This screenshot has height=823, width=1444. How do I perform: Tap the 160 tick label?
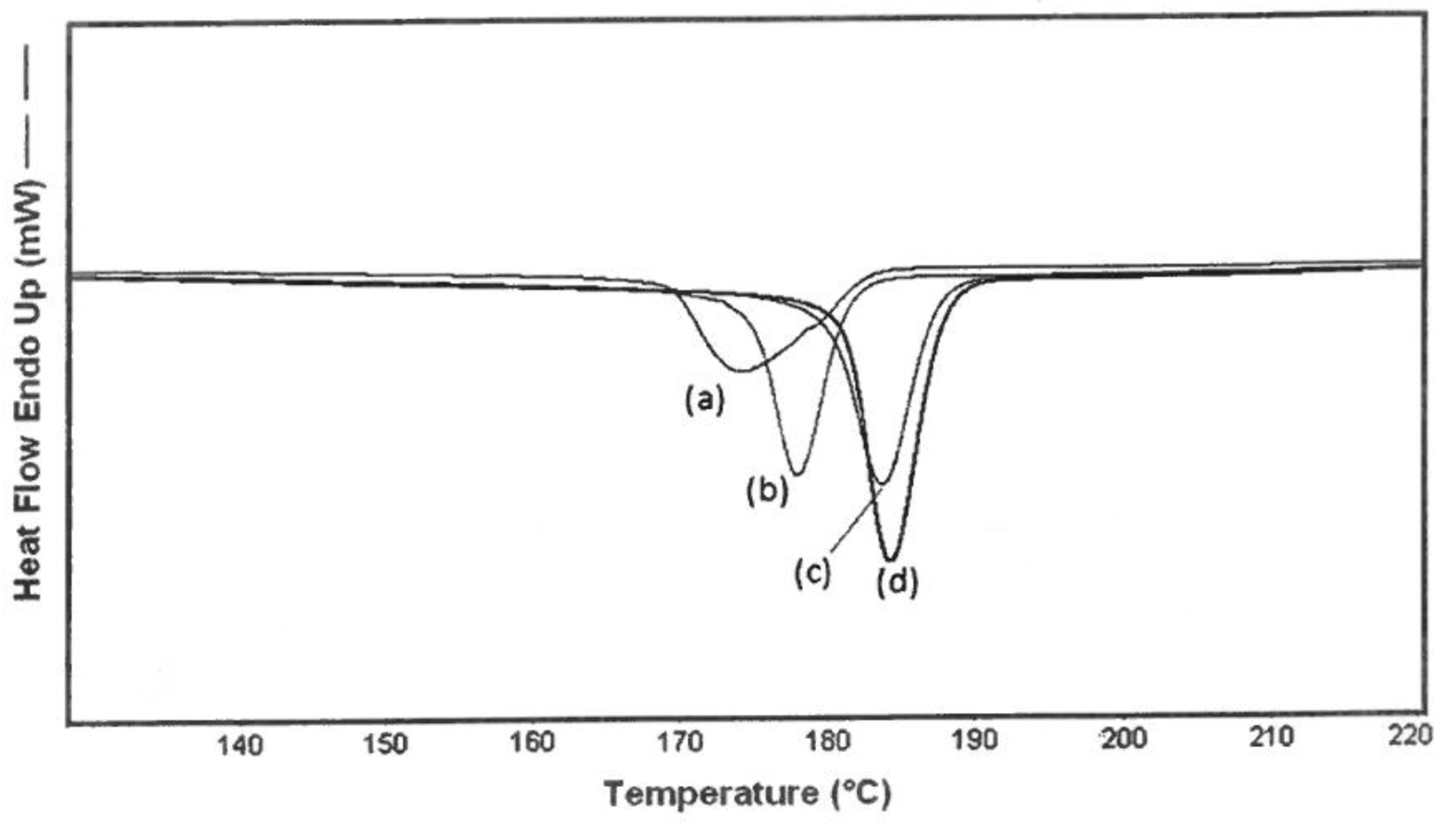[532, 743]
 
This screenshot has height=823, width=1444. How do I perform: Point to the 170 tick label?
[681, 742]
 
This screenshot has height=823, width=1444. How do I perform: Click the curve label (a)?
[704, 401]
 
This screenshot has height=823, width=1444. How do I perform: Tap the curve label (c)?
[813, 574]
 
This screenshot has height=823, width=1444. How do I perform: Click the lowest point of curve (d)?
[891, 559]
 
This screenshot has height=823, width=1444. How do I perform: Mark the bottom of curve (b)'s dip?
[797, 473]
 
